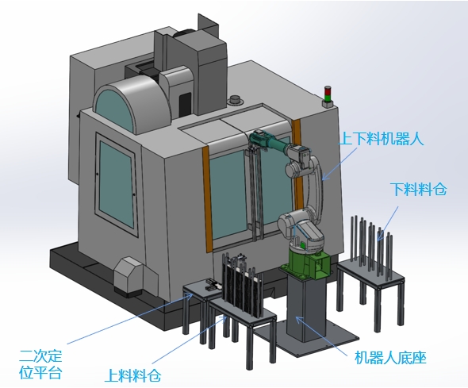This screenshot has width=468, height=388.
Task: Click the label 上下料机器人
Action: pos(382,139)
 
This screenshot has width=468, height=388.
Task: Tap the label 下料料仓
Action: pos(419,189)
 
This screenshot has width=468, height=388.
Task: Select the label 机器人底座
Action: pos(390,358)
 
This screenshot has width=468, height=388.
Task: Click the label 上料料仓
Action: pos(132,375)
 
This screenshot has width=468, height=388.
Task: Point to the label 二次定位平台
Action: pos(40,364)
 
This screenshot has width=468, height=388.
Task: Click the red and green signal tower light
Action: pos(328,96)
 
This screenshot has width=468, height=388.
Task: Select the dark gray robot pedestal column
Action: pos(305,307)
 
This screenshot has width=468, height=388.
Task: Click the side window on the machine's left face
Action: pos(116,184)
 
